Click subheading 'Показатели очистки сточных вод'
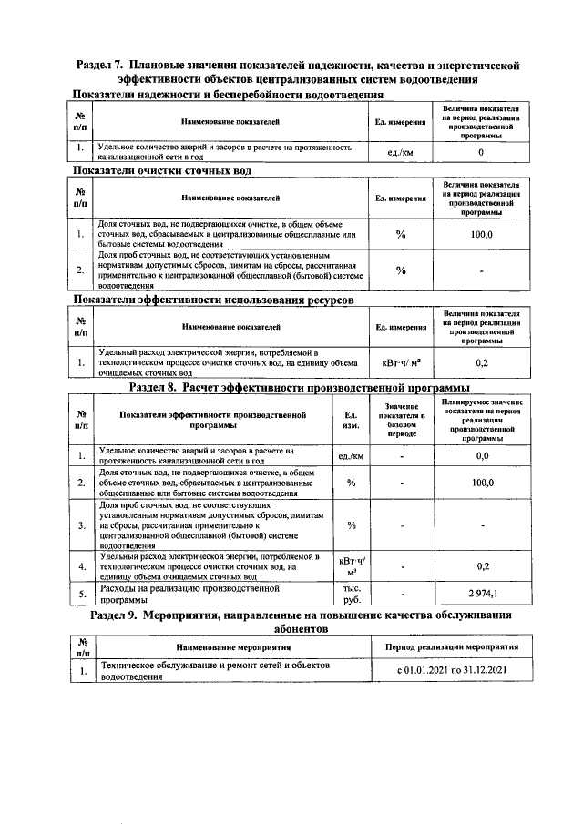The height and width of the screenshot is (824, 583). coord(161,170)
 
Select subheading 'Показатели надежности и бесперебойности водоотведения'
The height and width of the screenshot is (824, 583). coord(228,94)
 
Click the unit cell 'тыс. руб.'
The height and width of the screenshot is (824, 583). coord(351,594)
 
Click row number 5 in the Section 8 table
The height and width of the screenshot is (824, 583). coord(82,594)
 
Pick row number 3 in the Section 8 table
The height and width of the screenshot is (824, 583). coord(82,524)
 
